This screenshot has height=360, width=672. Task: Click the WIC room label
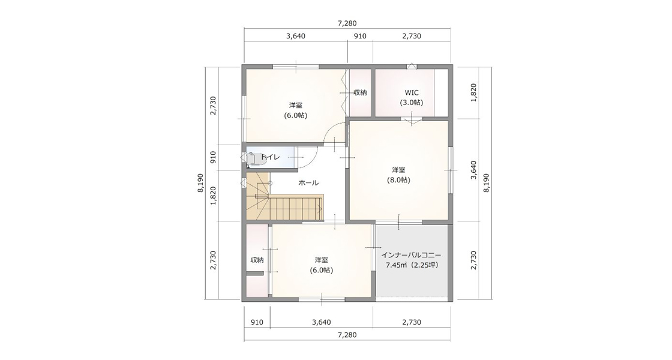coord(412,92)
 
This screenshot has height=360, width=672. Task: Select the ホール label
coord(308,183)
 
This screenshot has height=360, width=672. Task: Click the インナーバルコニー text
coord(412,254)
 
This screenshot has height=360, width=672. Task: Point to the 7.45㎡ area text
coord(397,265)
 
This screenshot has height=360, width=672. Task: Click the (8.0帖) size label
coord(398,181)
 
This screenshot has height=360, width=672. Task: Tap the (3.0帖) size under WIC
coord(412,103)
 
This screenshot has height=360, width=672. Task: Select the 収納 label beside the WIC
coord(360,92)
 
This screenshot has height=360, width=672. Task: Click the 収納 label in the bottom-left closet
coord(257,260)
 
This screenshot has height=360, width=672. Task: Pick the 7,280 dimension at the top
coord(347,23)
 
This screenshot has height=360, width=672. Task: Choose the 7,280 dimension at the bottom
coord(347,335)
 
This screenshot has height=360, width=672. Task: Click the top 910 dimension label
coord(360,36)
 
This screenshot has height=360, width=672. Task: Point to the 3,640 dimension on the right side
coord(473,170)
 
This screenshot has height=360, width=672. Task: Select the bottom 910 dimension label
coord(257,322)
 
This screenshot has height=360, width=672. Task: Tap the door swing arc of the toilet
coord(312,161)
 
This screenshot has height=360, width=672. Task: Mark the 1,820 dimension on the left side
coord(213,196)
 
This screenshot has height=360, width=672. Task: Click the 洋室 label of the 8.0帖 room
coord(398,170)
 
